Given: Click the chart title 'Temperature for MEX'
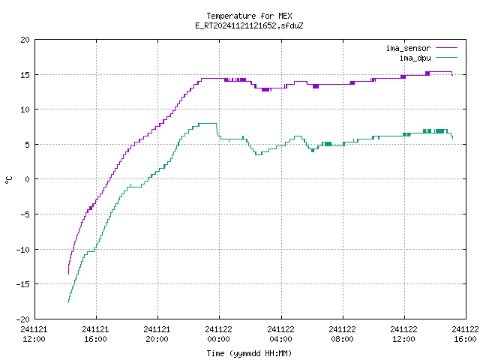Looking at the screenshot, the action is tap(249, 16).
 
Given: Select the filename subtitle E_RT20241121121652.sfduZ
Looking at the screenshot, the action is tap(249, 25).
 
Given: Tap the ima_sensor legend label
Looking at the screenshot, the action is tap(408, 48).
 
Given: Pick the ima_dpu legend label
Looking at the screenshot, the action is tap(415, 58).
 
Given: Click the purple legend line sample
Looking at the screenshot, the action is tap(447, 48).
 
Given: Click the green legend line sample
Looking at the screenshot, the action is tap(447, 57).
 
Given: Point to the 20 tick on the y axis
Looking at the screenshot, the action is tap(25, 40).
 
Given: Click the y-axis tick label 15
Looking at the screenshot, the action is tap(25, 75).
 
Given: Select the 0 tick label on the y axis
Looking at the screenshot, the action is tap(28, 179).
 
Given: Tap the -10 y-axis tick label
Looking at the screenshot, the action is tap(23, 250).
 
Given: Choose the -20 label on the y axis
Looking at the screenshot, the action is tap(23, 319).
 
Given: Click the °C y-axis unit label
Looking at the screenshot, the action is tap(8, 180).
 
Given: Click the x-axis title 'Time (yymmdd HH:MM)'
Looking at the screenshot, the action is tap(249, 353).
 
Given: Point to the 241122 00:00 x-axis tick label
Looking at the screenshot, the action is tap(219, 334).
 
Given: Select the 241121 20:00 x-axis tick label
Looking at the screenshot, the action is tap(157, 334).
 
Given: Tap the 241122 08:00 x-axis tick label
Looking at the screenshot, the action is tap(342, 334).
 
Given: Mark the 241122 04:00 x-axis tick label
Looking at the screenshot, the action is tap(280, 334).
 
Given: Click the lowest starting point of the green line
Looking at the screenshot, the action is tap(68, 302).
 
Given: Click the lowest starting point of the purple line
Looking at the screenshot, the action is tap(68, 274).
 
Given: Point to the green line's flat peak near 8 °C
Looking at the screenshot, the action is tap(208, 123).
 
